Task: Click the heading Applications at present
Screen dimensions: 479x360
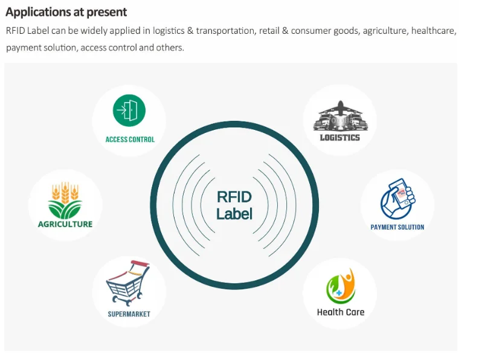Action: (x=66, y=12)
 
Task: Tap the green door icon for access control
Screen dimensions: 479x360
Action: (x=129, y=111)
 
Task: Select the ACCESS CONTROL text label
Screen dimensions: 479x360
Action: (x=130, y=140)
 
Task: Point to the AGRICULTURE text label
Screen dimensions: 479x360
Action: (x=65, y=224)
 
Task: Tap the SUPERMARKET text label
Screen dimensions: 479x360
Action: (x=129, y=314)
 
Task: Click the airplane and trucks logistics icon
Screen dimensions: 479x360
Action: (x=339, y=116)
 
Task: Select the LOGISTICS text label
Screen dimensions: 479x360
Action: (x=339, y=137)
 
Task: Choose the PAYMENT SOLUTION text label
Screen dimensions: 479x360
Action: (x=397, y=228)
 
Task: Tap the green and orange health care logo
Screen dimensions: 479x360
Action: (x=341, y=286)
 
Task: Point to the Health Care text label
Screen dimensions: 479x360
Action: (x=341, y=312)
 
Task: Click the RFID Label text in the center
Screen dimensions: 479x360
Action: (x=234, y=205)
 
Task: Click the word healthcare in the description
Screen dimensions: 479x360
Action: (x=433, y=31)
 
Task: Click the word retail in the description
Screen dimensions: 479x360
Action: (x=263, y=31)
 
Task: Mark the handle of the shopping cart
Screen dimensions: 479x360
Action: (x=140, y=263)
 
